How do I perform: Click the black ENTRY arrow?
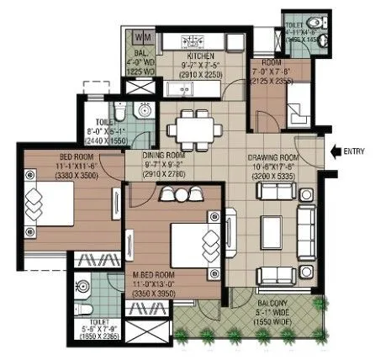(x=336, y=151)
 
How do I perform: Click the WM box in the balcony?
(x=143, y=38)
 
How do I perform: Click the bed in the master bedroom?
(x=190, y=243)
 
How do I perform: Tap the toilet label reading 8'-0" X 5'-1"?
(x=107, y=133)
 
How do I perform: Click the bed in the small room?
(x=299, y=109)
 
